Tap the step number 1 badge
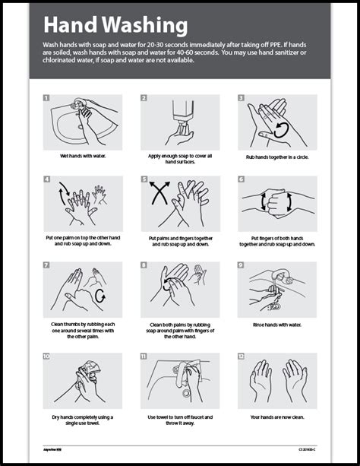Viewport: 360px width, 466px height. click(46, 98)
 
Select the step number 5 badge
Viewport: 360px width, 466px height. click(144, 180)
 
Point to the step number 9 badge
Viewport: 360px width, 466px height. click(241, 265)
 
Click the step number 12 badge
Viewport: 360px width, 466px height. click(241, 356)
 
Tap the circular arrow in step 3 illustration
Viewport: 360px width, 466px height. click(280, 130)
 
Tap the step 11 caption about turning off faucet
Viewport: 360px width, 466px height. click(180, 419)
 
